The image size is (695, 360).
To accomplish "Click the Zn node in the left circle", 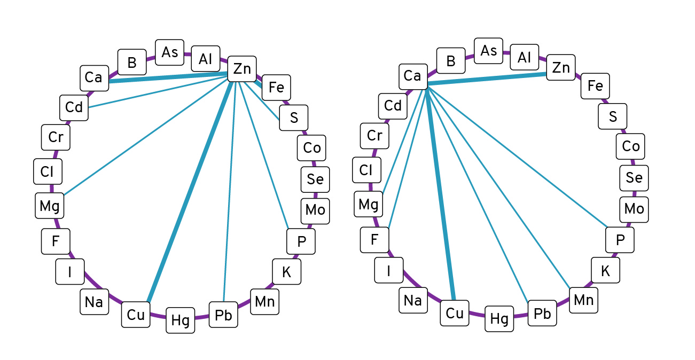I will click(242, 68).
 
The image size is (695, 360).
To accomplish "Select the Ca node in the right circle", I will click(412, 76).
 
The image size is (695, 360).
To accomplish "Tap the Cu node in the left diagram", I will click(136, 315).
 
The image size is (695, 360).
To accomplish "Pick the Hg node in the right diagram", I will click(499, 319).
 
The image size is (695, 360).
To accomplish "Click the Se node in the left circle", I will click(315, 179).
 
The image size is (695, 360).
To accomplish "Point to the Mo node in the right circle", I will click(634, 209).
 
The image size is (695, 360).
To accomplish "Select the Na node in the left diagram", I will click(94, 302).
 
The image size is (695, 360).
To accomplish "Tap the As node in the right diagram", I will click(488, 51).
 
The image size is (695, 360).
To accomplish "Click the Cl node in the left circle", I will click(48, 172).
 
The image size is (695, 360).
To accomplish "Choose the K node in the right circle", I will click(605, 271).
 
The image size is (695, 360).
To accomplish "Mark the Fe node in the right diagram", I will click(595, 85).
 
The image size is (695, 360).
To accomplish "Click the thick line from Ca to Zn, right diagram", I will click(486, 79).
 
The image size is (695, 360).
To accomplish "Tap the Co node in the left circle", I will click(311, 147).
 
